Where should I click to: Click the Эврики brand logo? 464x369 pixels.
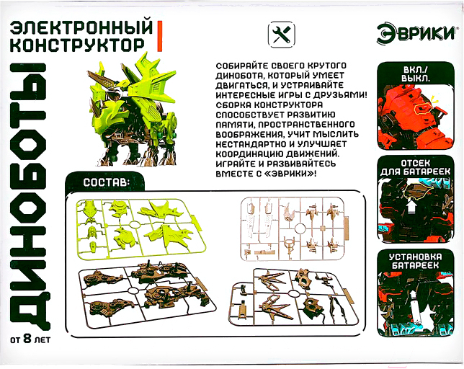coord(416,34)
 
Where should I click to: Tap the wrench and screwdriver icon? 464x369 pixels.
coord(282,35)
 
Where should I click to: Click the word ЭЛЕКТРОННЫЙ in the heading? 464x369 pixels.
coord(82,28)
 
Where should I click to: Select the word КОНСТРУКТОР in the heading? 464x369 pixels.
coord(78,45)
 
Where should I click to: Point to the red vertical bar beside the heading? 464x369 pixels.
coord(160,37)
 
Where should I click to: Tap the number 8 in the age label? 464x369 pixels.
coord(27,338)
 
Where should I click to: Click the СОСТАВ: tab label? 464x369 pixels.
coord(106,182)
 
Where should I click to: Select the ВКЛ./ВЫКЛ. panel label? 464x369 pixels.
coord(416,74)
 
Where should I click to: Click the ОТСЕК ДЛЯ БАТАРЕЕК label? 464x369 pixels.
coord(416,167)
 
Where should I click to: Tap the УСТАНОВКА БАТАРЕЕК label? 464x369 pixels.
coord(416,261)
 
